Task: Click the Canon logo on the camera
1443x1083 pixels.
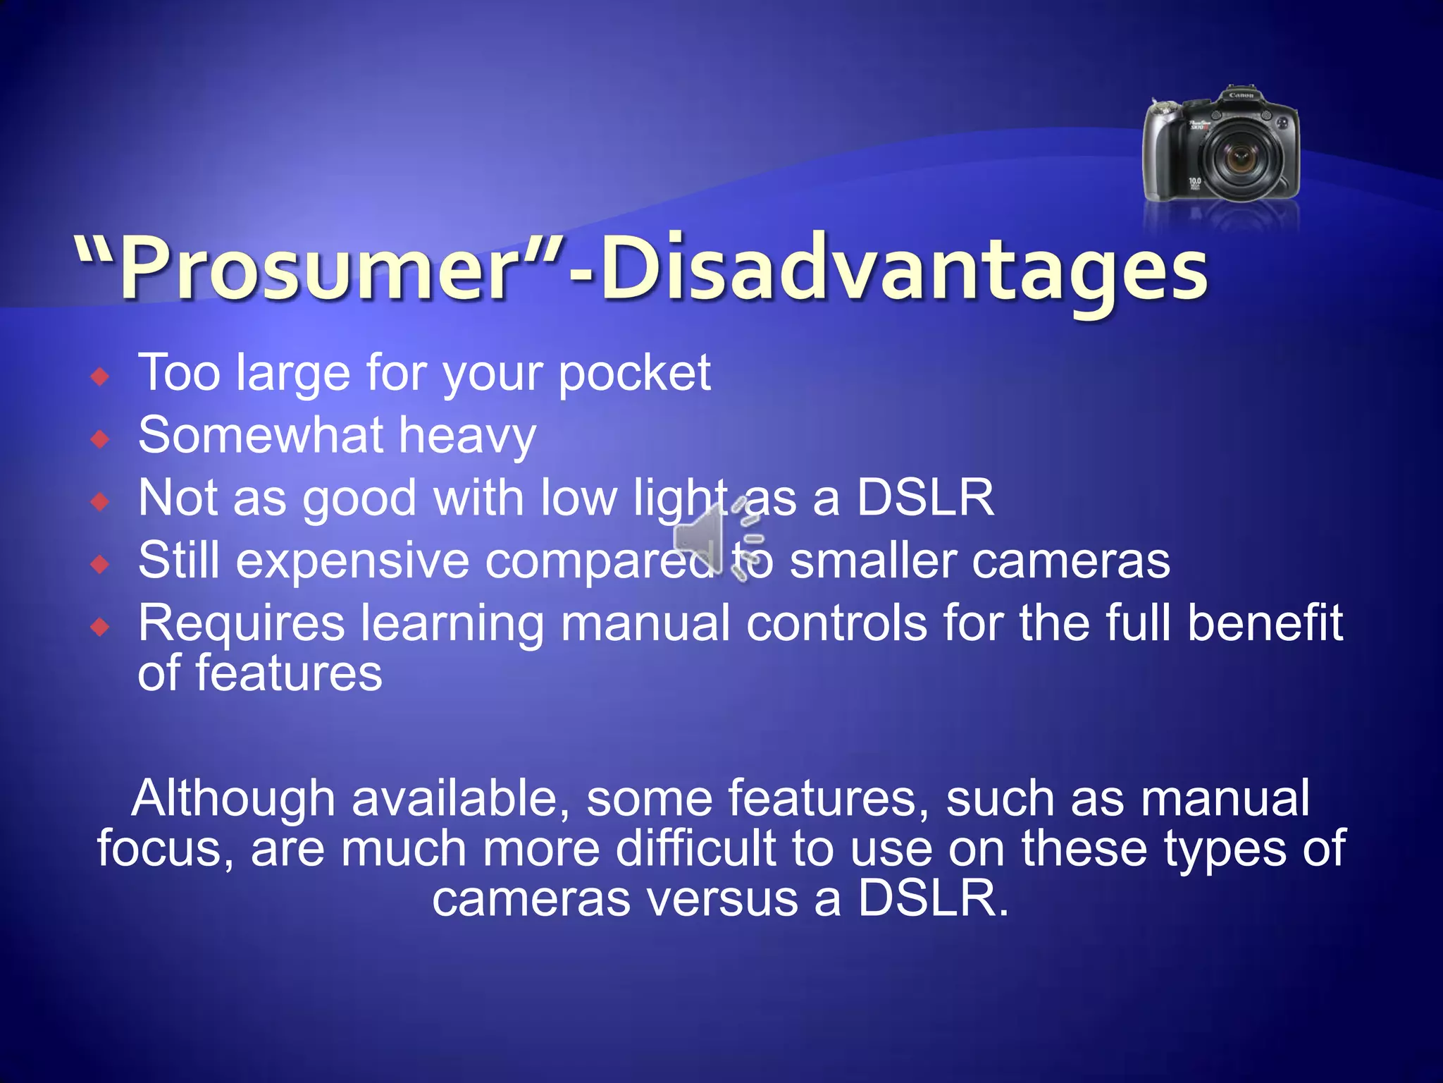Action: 1241,95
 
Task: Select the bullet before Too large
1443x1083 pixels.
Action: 101,377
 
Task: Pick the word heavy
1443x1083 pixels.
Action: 467,436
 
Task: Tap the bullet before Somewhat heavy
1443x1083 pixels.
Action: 101,440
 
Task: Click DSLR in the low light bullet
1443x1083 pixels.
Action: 924,498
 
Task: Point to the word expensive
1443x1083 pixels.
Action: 352,562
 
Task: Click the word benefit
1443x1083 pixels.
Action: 1265,623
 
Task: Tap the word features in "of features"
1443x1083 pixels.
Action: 288,673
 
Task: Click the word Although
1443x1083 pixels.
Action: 233,799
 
